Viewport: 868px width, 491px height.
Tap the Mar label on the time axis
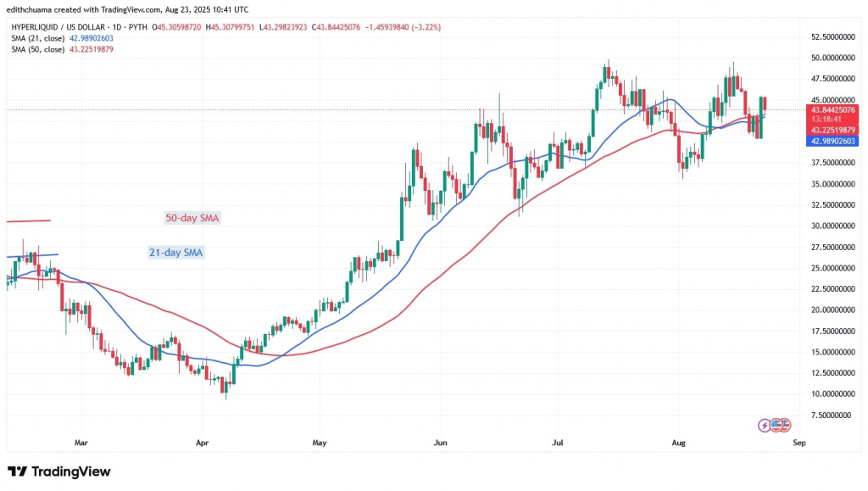pyautogui.click(x=81, y=442)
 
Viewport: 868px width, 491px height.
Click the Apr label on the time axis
pyautogui.click(x=202, y=442)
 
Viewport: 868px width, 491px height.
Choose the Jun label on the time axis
pyautogui.click(x=439, y=442)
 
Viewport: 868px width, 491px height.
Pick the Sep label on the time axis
pyautogui.click(x=798, y=442)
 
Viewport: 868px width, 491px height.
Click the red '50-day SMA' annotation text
pyautogui.click(x=192, y=218)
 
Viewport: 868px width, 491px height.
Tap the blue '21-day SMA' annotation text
pyautogui.click(x=175, y=252)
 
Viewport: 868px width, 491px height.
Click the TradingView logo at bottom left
pyautogui.click(x=58, y=471)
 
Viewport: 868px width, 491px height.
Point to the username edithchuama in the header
pyautogui.click(x=34, y=8)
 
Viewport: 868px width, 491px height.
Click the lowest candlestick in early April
pyautogui.click(x=225, y=388)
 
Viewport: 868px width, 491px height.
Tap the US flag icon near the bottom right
pyautogui.click(x=782, y=424)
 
